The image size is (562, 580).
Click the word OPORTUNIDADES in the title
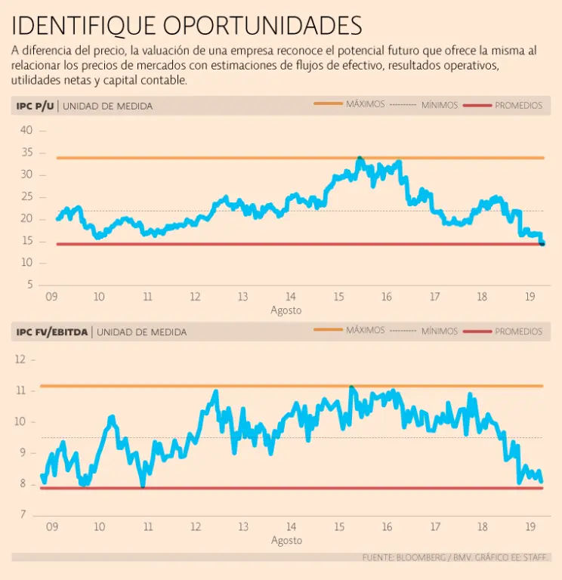point(263,26)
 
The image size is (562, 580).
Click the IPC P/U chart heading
point(35,106)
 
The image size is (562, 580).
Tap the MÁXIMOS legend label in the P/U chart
point(366,104)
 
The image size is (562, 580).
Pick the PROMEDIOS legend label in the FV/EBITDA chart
point(518,331)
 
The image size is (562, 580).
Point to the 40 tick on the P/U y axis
point(26,131)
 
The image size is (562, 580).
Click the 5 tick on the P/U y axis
point(29,285)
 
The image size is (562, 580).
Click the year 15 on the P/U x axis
point(338,297)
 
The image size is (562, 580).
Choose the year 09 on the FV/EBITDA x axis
point(52,527)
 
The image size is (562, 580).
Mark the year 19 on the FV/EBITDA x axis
point(531,527)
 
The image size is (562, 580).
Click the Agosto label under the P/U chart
point(286,310)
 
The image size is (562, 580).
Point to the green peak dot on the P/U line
point(360,158)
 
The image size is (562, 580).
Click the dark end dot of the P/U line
point(542,242)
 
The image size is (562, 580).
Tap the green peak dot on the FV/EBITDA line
point(352,387)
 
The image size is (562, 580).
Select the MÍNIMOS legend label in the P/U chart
point(440,105)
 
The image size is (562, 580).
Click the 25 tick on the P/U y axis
point(26,196)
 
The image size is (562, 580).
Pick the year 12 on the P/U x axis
point(194,297)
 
